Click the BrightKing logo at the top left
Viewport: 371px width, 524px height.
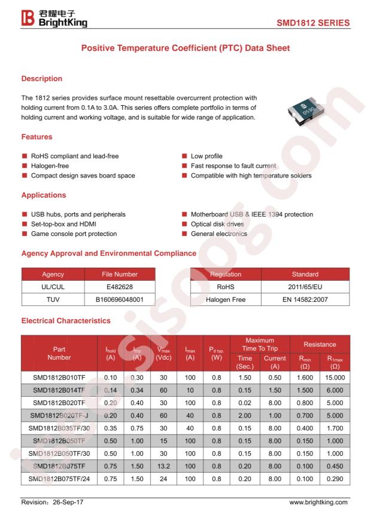pos(54,19)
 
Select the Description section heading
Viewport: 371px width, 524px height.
pos(42,78)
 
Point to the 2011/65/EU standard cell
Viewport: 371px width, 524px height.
pos(305,287)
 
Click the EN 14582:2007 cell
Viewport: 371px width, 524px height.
pos(305,299)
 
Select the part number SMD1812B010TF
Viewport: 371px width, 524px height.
pos(59,378)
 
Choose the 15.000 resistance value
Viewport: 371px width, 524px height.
pos(335,378)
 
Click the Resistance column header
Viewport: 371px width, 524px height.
pos(320,344)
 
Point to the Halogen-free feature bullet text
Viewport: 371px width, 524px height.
pos(50,166)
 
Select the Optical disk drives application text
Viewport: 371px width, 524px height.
pos(218,224)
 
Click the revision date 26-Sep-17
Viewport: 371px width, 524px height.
pos(65,502)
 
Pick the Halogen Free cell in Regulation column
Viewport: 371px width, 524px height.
pos(226,299)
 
